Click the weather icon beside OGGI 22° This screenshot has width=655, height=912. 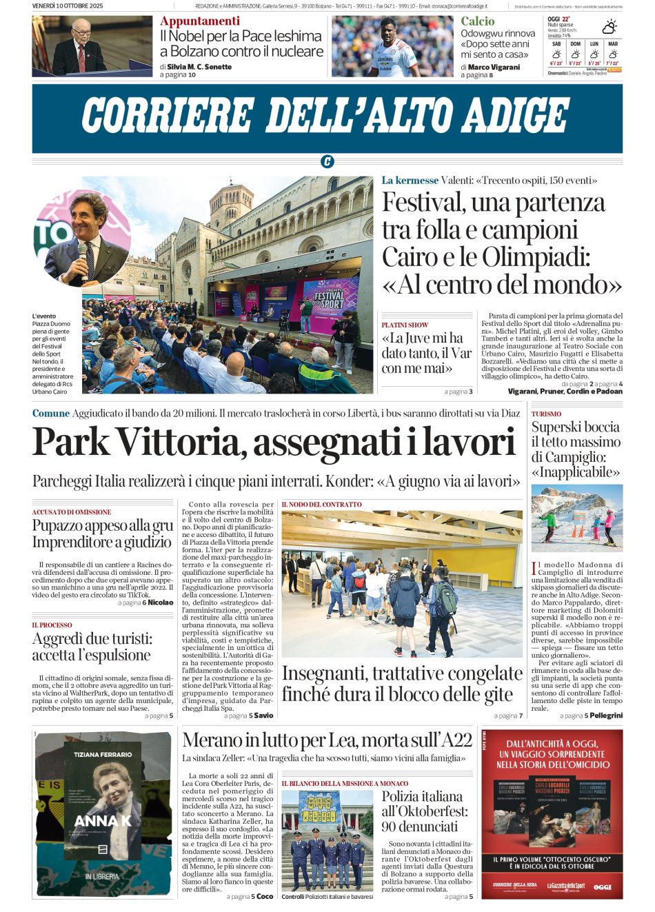click(x=609, y=27)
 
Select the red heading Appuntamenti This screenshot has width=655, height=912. click(x=200, y=21)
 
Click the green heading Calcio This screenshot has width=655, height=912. click(x=477, y=21)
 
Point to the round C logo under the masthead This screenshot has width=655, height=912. click(x=327, y=162)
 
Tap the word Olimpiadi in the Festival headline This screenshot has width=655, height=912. click(x=535, y=257)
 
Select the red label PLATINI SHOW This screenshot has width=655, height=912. click(x=405, y=325)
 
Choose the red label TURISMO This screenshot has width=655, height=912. click(x=546, y=414)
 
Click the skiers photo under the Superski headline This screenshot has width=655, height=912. click(x=576, y=518)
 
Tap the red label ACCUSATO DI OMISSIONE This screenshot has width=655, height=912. click(x=71, y=512)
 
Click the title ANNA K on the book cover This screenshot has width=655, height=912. click(x=102, y=821)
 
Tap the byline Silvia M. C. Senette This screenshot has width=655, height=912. click(x=199, y=67)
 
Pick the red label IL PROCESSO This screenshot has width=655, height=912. click(x=52, y=625)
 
